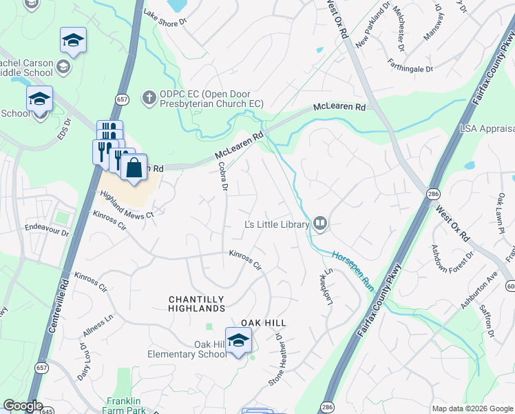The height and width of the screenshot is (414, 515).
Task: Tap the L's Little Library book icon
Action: click(x=319, y=223)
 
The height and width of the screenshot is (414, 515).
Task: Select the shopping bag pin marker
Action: click(x=134, y=168)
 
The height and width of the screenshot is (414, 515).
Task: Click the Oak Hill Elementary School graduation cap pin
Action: click(x=238, y=341)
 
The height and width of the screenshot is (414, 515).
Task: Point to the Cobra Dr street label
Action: click(x=222, y=177)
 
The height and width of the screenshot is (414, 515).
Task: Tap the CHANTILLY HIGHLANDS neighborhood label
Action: click(x=196, y=304)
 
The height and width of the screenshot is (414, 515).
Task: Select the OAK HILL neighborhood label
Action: click(x=263, y=323)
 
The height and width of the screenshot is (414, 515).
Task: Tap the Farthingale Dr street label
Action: click(x=410, y=68)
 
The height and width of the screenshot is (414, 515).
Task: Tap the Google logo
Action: click(x=23, y=406)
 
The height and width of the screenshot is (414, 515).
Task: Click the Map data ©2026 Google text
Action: click(x=472, y=408)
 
